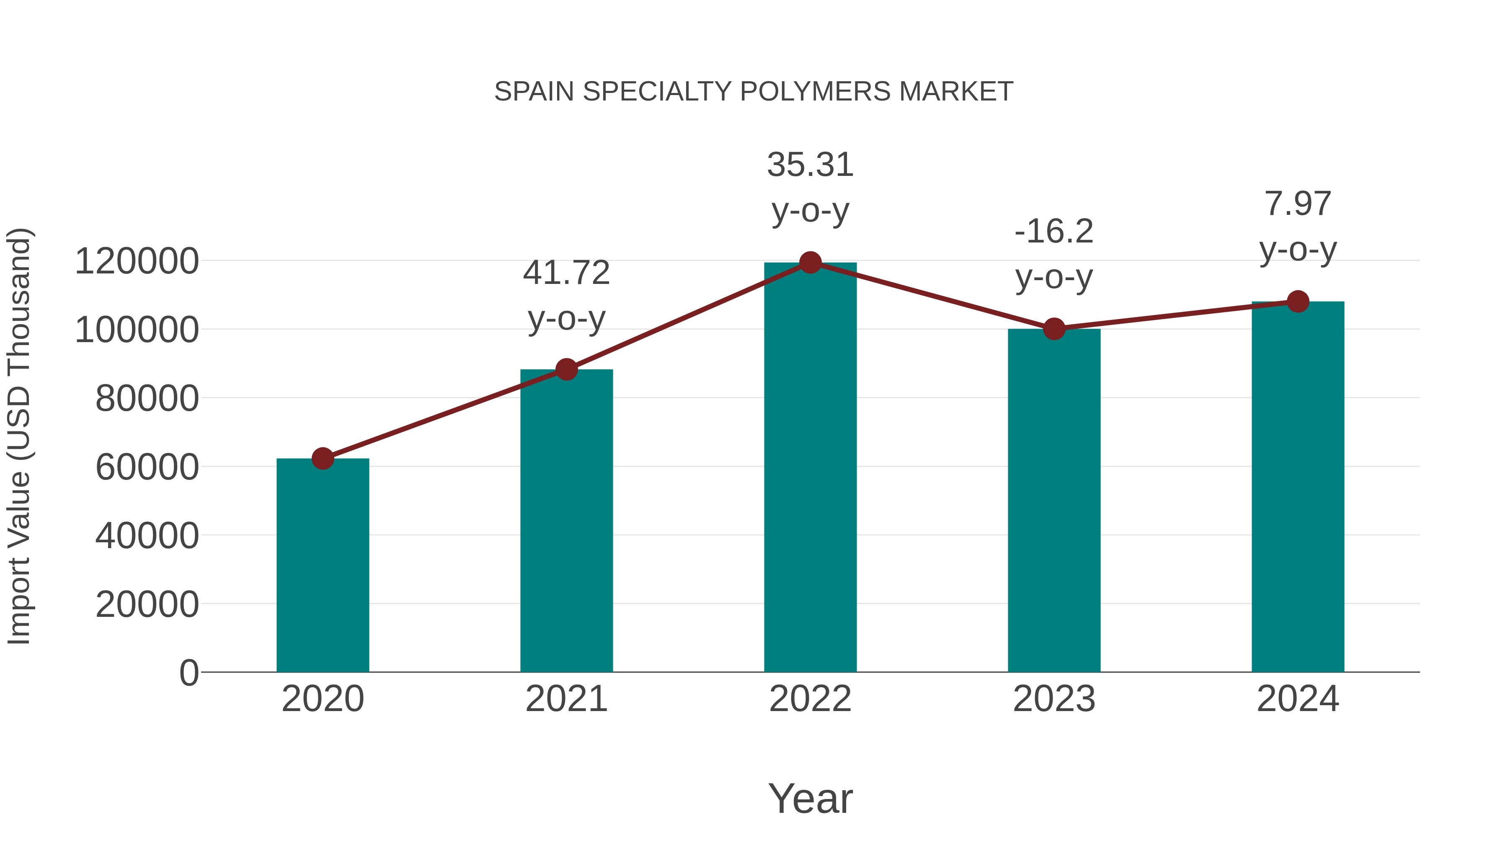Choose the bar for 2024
pyautogui.click(x=1298, y=486)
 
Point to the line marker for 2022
pyautogui.click(x=810, y=263)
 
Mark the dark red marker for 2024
pyautogui.click(x=1298, y=302)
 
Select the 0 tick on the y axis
pyautogui.click(x=188, y=673)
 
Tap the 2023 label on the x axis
pyautogui.click(x=1054, y=699)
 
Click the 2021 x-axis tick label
pyautogui.click(x=566, y=699)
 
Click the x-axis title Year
pyautogui.click(x=810, y=798)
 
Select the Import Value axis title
pyautogui.click(x=19, y=436)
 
